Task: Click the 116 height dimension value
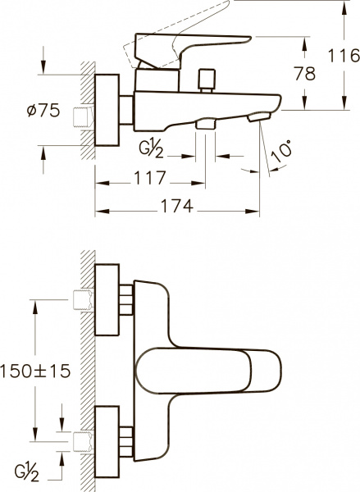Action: coord(344,56)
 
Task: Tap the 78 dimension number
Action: coord(305,74)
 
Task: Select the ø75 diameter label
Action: coord(43,111)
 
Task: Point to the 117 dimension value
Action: coord(150,178)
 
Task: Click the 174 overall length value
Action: coord(177,206)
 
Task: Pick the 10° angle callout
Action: coord(281,152)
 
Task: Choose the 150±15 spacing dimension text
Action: coord(34,371)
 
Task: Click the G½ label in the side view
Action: coord(152,150)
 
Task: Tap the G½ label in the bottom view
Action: coord(27,473)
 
